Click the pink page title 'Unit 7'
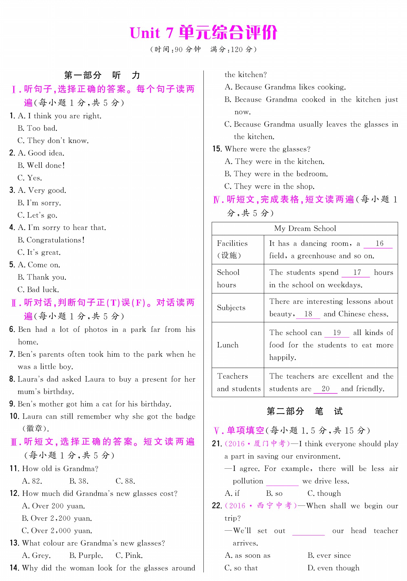[x=151, y=33]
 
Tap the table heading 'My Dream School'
[x=305, y=229]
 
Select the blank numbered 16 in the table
[x=378, y=244]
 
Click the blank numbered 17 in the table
[x=356, y=273]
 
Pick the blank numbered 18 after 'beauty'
[x=308, y=314]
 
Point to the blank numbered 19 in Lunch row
[x=337, y=333]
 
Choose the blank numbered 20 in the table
[x=325, y=389]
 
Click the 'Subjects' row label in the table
[x=231, y=308]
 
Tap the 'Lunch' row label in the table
[x=228, y=345]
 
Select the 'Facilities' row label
[x=232, y=243]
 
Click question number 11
[x=14, y=469]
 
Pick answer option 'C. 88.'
[x=125, y=481]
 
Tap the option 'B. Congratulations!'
[x=51, y=240]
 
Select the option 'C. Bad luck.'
[x=38, y=290]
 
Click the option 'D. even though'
[x=333, y=568]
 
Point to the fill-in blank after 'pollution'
[x=282, y=482]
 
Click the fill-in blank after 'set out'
[x=308, y=531]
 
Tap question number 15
[x=217, y=149]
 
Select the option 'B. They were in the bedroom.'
[x=276, y=174]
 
